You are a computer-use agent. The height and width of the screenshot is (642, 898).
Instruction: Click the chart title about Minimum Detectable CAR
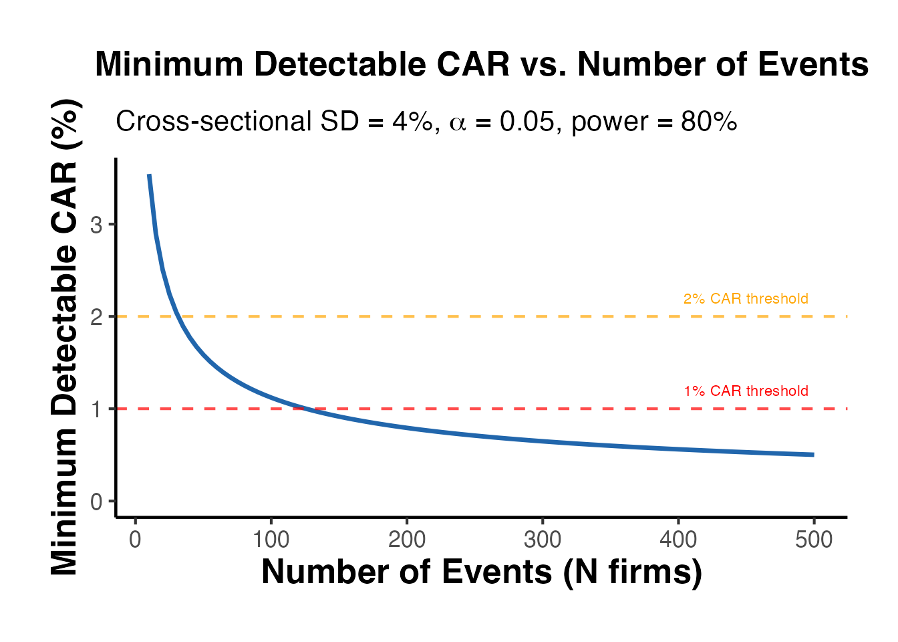click(482, 66)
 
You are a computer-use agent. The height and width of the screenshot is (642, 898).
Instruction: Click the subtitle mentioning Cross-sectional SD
click(426, 122)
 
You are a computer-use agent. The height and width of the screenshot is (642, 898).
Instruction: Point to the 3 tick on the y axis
click(97, 225)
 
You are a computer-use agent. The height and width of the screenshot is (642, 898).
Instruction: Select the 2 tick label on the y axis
click(97, 317)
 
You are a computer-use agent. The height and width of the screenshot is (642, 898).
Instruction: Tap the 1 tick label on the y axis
click(97, 409)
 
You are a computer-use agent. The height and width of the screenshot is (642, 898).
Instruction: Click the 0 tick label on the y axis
click(97, 502)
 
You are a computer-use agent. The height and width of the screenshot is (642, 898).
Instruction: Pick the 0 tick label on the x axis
click(136, 540)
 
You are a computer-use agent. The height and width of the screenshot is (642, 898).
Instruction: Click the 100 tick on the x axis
click(271, 540)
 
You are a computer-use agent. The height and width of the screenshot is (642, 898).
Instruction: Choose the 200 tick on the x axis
click(407, 540)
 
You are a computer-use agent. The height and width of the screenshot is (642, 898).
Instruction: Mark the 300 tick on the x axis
click(543, 540)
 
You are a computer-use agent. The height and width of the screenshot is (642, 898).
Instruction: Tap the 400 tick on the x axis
click(678, 540)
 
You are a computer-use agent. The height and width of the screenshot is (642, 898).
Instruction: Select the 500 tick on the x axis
click(814, 540)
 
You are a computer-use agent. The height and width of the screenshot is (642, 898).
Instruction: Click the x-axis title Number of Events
click(482, 572)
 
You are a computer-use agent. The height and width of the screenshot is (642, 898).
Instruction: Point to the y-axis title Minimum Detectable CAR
click(65, 337)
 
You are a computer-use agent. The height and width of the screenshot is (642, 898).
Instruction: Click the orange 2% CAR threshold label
click(746, 299)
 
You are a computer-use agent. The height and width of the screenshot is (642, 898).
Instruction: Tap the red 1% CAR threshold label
click(746, 391)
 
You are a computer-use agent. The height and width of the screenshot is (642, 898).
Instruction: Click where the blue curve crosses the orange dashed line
click(178, 316)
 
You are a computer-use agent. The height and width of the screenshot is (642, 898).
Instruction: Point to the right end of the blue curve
click(813, 455)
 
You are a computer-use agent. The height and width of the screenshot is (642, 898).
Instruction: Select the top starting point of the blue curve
click(149, 175)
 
